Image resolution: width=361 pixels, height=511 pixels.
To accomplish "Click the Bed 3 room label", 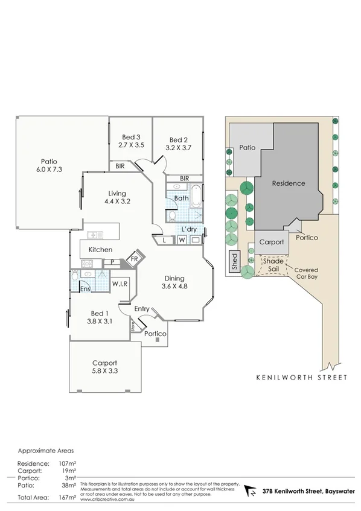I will point(130,137).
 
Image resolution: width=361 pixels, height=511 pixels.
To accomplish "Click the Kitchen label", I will point(100,249).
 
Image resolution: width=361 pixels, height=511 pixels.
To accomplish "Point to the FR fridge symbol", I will point(136,260).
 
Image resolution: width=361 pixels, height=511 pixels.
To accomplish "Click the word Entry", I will point(142,309).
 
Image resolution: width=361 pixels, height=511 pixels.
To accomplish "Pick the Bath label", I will point(181,198).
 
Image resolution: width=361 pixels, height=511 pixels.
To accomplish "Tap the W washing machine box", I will point(182,240).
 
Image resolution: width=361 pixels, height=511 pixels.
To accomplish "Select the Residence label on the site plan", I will point(288,183).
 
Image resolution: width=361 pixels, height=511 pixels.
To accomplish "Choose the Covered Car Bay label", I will point(305,273).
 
